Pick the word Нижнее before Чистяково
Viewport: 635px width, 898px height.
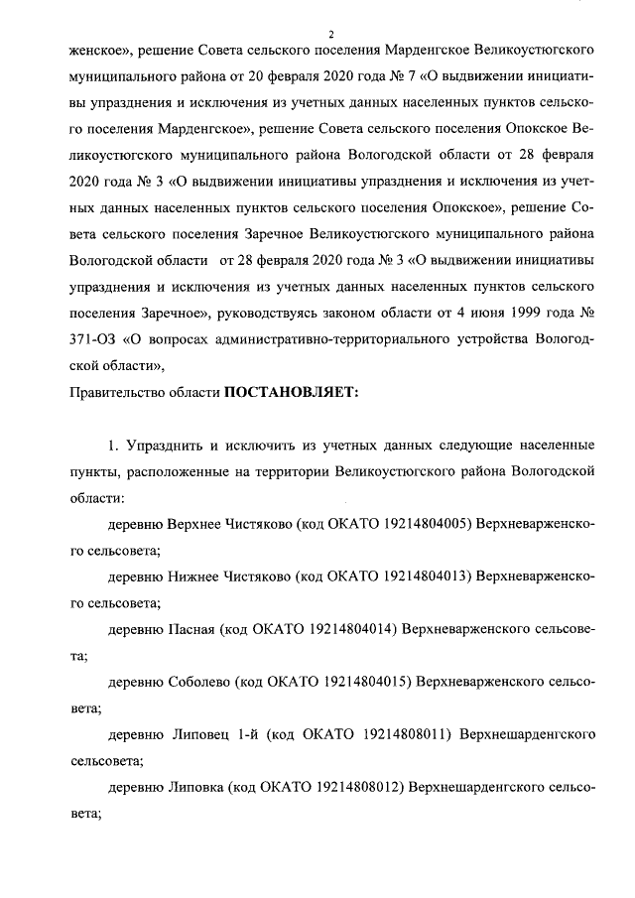click(200, 576)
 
